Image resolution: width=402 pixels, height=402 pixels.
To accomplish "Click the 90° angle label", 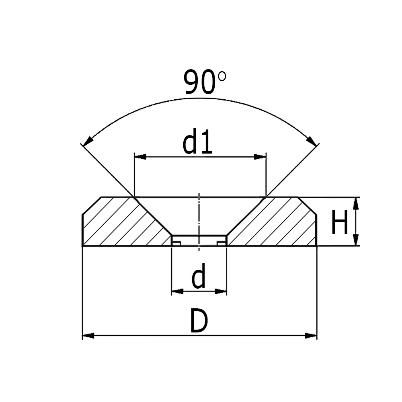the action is (x=205, y=82).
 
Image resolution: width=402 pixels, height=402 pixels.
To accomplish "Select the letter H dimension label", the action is (x=339, y=222).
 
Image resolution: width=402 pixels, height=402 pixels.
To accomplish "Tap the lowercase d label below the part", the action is (x=199, y=276).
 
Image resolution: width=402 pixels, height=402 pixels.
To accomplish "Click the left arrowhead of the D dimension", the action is (x=88, y=335).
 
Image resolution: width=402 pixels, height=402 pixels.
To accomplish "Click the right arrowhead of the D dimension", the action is (x=311, y=335).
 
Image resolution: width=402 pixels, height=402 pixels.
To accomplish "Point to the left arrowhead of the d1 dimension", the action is (x=140, y=157).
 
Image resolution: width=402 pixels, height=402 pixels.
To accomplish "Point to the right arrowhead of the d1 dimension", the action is (x=260, y=157).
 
